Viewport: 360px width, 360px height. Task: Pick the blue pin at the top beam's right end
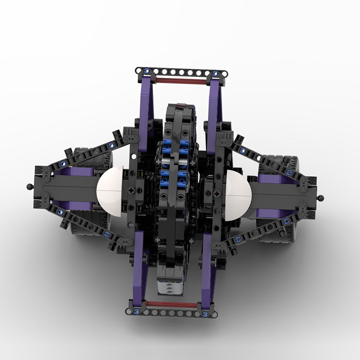click(x=215, y=73)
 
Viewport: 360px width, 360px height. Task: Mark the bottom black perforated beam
click(x=170, y=313)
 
